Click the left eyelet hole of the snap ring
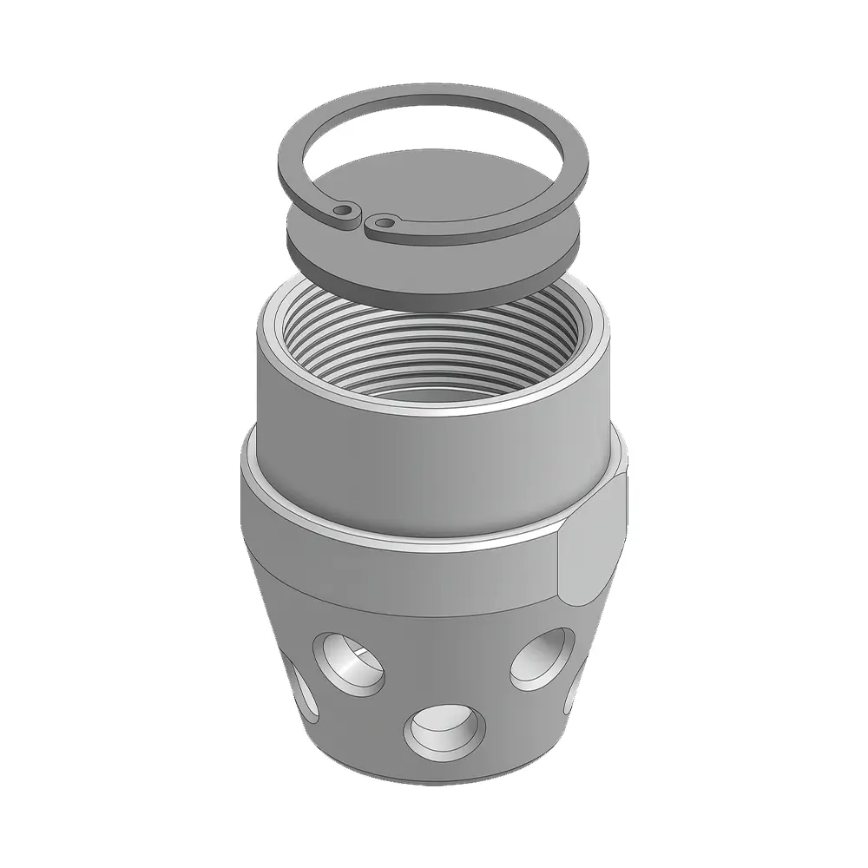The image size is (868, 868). pyautogui.click(x=346, y=210)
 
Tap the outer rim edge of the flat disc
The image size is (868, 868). pyautogui.click(x=434, y=300)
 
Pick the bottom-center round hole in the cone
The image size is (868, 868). pyautogui.click(x=444, y=728)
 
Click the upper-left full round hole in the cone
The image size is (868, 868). pyautogui.click(x=348, y=664)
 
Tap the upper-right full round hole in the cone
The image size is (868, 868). pyautogui.click(x=542, y=659)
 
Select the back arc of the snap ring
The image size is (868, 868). pyautogui.click(x=434, y=95)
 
